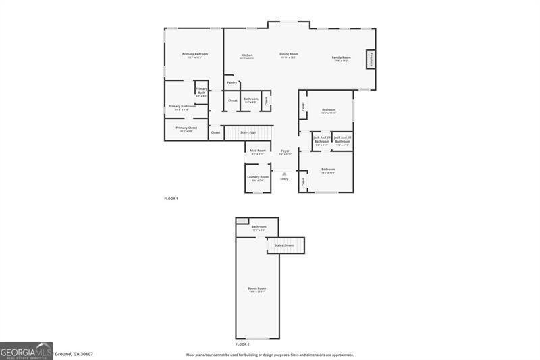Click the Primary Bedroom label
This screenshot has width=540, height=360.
pyautogui.click(x=194, y=54)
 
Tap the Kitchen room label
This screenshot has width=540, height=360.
pyautogui.click(x=247, y=55)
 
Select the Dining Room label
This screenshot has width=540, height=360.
pyautogui.click(x=289, y=54)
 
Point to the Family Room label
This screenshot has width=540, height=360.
pyautogui.click(x=341, y=57)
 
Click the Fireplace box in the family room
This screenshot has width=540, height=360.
pyautogui.click(x=371, y=59)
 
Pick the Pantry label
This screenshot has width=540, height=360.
pyautogui.click(x=232, y=82)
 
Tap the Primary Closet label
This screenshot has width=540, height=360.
pyautogui.click(x=186, y=128)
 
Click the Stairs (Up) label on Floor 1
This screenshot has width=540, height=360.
pyautogui.click(x=248, y=132)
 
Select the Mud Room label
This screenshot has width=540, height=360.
pyautogui.click(x=258, y=151)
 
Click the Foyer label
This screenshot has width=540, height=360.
pyautogui.click(x=285, y=151)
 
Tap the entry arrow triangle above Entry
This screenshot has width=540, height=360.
pyautogui.click(x=284, y=174)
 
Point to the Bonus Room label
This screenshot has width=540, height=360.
pyautogui.click(x=256, y=288)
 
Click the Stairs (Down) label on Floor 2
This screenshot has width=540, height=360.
pyautogui.click(x=283, y=245)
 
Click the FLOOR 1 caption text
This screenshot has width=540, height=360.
pyautogui.click(x=171, y=199)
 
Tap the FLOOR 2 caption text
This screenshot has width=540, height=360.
pyautogui.click(x=242, y=344)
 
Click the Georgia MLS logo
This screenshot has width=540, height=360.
pyautogui.click(x=26, y=351)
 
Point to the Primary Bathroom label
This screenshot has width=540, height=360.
pyautogui.click(x=182, y=106)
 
